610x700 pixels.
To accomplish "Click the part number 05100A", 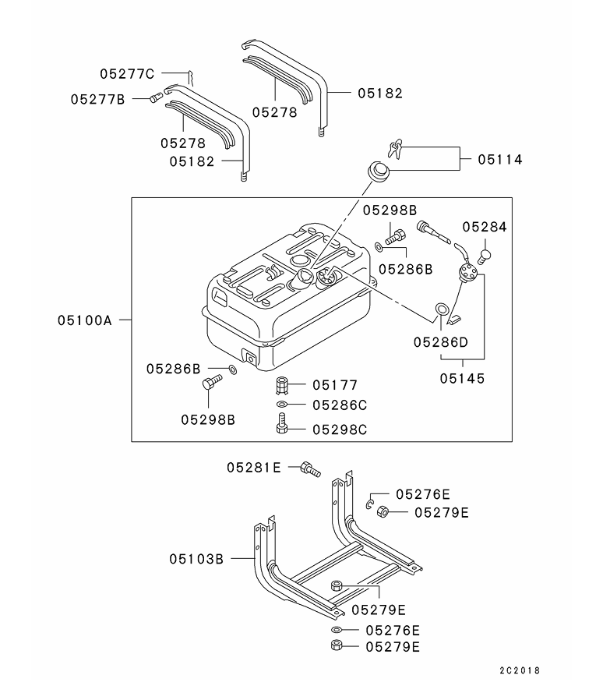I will (x=84, y=320).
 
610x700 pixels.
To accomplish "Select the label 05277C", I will (x=127, y=74).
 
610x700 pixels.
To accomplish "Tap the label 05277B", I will (x=97, y=99).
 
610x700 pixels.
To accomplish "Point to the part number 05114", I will (x=500, y=160).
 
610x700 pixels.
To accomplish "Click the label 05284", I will (x=485, y=227).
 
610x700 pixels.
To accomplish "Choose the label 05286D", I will (x=441, y=341).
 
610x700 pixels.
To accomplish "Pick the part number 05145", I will (x=461, y=378).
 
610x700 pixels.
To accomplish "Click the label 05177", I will (x=335, y=385).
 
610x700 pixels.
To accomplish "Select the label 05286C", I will (x=339, y=405).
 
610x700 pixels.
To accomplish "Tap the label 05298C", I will (x=339, y=429).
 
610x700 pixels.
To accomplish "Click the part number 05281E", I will (x=254, y=467).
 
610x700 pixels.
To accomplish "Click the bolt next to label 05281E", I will (x=309, y=468).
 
